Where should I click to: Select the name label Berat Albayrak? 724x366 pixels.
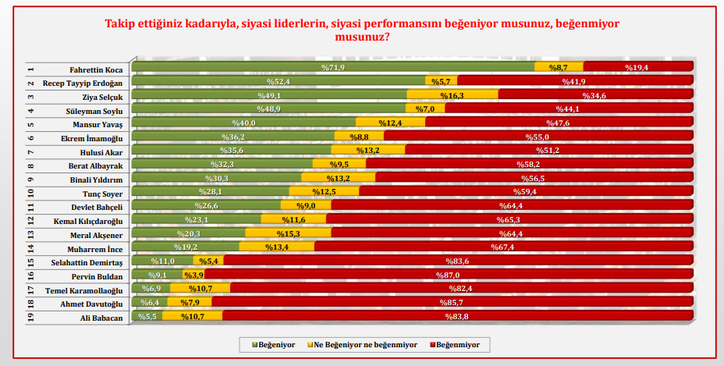97,165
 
